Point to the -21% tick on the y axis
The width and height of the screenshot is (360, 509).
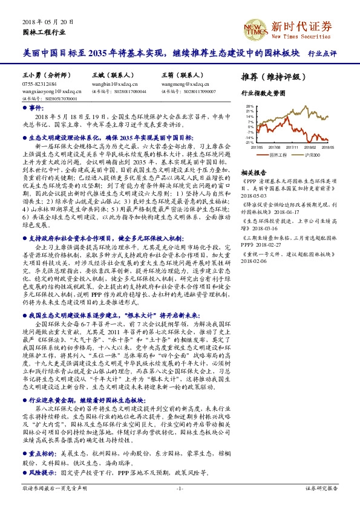click(249, 143)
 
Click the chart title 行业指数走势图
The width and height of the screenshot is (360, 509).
click(262, 94)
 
